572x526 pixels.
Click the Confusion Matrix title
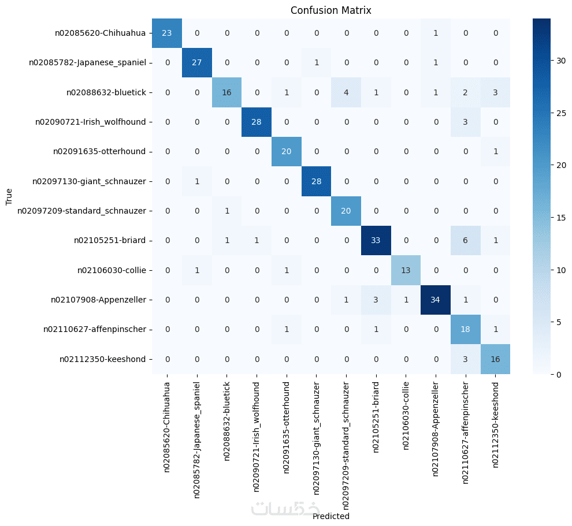tap(330, 10)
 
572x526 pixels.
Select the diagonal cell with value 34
tap(435, 299)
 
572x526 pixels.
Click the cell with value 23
tap(168, 32)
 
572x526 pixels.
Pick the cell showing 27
tap(197, 62)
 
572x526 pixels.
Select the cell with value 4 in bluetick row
tap(346, 92)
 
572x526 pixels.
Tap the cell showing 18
tap(465, 329)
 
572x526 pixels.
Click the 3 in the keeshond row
tap(465, 359)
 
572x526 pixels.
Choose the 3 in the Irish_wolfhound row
tap(465, 121)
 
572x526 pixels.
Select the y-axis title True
tap(9, 196)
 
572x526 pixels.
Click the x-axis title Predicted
tap(330, 516)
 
